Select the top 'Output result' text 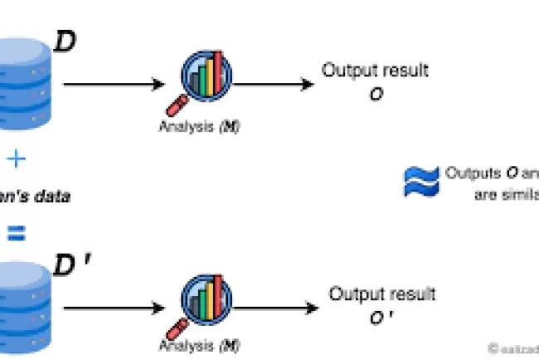(375, 71)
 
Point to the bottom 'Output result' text (381, 294)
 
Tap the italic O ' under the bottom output (382, 318)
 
